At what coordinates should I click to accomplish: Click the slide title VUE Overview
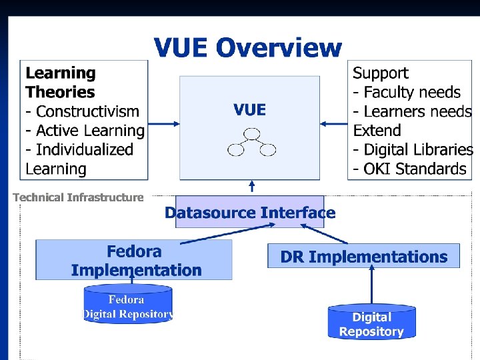click(247, 48)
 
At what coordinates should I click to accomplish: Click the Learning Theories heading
click(60, 83)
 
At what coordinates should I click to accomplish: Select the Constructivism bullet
click(82, 111)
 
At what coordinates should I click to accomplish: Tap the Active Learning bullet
click(85, 131)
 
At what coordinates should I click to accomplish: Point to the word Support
click(380, 73)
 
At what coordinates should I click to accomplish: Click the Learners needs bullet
click(412, 111)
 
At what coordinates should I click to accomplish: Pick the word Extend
click(377, 131)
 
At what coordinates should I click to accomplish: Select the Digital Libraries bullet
click(413, 150)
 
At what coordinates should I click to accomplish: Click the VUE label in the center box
click(249, 109)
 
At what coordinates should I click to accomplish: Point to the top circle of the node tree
click(251, 134)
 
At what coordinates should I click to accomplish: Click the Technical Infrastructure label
click(78, 197)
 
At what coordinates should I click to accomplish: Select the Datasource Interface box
click(249, 213)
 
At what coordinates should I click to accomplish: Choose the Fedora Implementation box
click(134, 260)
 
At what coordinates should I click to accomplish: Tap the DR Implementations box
click(363, 257)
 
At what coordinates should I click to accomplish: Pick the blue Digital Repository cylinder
click(371, 324)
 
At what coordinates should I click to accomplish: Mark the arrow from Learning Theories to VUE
click(163, 123)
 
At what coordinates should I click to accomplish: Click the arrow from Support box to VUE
click(333, 123)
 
